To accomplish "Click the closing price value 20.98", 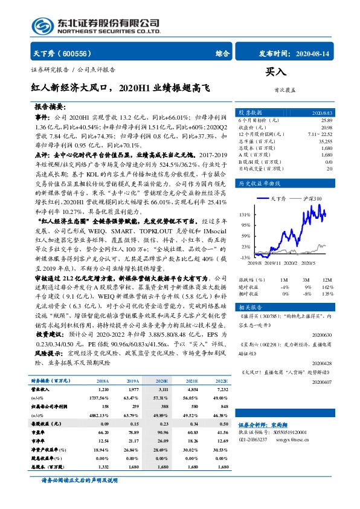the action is click(x=326, y=128).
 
